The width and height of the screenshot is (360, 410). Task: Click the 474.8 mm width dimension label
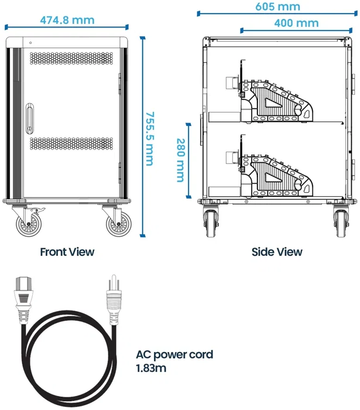[67, 20]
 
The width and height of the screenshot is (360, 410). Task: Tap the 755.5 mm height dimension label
[150, 139]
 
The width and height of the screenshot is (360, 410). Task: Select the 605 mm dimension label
[277, 6]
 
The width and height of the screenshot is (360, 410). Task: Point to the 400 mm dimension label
[296, 23]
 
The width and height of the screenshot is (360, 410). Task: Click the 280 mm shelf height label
[180, 160]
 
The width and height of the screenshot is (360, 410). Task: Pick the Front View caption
[67, 252]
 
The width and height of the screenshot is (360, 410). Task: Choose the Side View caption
[277, 252]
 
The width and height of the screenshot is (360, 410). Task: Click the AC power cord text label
[174, 355]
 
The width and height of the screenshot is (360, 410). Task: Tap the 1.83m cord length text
[151, 368]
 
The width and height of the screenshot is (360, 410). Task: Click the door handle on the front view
[30, 118]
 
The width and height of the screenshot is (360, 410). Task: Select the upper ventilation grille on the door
[71, 58]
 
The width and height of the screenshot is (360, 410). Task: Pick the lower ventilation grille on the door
[71, 143]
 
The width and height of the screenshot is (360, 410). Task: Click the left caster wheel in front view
[29, 224]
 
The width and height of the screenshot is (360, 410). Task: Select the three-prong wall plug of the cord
[114, 299]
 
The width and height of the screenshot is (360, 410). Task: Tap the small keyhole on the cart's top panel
[30, 43]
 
